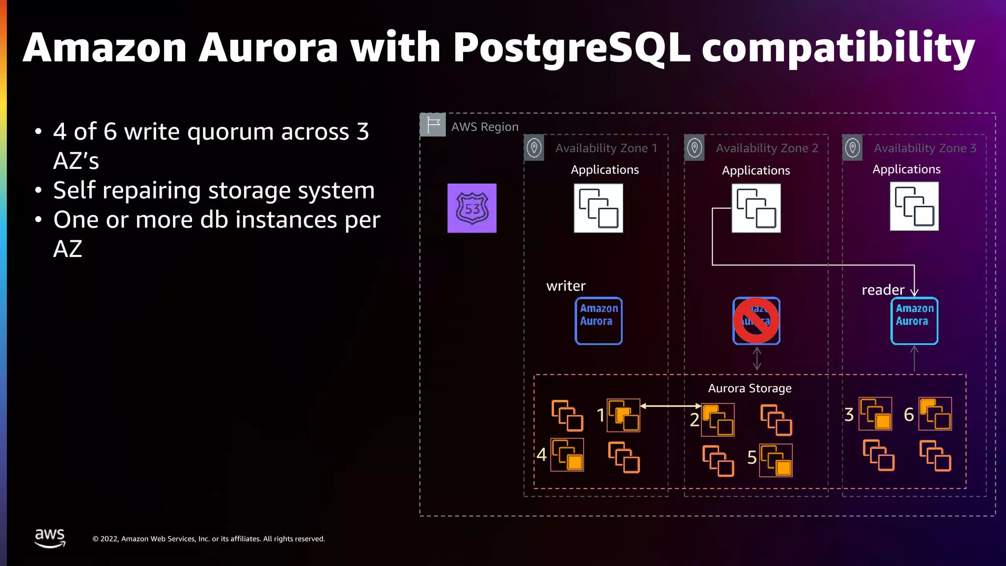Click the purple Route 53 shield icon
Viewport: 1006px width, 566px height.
click(472, 208)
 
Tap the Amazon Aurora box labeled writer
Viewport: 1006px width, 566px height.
click(598, 321)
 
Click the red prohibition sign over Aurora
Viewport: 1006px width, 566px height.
click(756, 321)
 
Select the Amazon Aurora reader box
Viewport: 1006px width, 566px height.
click(914, 321)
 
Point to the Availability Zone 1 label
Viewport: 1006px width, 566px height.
click(606, 148)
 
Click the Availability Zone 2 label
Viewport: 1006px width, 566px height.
click(766, 148)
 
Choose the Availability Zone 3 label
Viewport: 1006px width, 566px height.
click(924, 148)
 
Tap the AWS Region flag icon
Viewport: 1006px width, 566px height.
click(433, 125)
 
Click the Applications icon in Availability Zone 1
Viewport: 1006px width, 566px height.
click(598, 208)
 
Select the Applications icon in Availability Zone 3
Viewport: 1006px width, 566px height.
click(914, 206)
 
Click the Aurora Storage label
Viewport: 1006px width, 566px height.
click(750, 388)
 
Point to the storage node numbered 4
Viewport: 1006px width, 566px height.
click(567, 454)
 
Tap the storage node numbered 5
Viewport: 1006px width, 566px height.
click(776, 460)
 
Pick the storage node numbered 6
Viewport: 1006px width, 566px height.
click(935, 414)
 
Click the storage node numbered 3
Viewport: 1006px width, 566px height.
click(875, 414)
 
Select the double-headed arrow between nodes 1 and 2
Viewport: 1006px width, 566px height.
click(671, 406)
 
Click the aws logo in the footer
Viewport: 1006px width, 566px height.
click(50, 538)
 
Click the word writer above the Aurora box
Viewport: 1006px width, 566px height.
click(566, 286)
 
